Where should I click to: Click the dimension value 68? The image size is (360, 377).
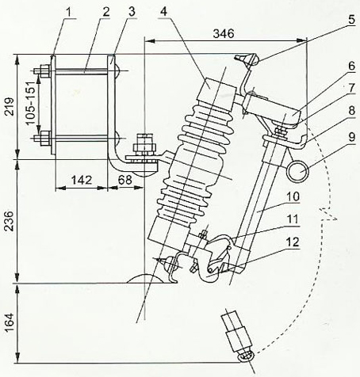point(124,181)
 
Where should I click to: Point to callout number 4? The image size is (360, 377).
point(163,10)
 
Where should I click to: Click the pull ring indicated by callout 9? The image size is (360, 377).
point(299,170)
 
